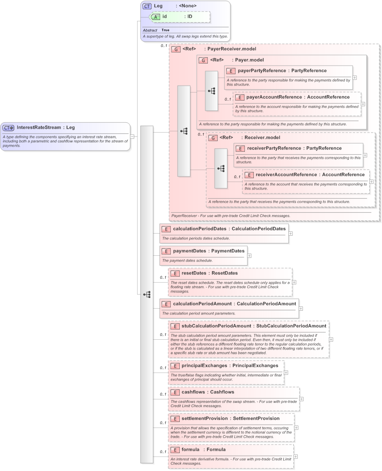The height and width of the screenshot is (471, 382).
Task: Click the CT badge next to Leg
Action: tap(147, 6)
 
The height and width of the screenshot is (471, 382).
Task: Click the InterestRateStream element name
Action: tap(39, 127)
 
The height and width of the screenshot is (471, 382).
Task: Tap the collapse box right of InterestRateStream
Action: tap(132, 136)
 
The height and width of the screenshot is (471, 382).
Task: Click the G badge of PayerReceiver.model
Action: tap(175, 49)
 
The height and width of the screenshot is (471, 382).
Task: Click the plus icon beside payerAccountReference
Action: tap(363, 104)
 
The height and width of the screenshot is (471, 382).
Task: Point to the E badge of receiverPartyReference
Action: tap(240, 148)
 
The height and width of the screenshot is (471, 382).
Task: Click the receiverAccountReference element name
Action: tap(286, 174)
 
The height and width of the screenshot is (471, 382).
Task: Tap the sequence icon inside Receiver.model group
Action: tap(221, 168)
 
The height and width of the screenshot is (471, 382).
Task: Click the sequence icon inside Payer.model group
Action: tap(211, 91)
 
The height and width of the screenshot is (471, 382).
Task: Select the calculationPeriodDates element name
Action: tap(200, 228)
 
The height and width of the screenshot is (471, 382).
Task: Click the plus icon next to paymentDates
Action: tap(249, 256)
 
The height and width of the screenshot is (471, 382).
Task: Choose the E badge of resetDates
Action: tap(174, 273)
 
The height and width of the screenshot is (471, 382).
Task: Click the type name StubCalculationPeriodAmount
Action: tap(291, 326)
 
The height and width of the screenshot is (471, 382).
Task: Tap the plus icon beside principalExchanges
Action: tap(286, 372)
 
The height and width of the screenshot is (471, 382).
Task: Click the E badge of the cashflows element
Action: tap(174, 392)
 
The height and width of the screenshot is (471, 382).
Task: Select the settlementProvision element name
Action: tap(204, 418)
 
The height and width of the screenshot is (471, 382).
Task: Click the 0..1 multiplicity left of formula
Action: tap(163, 452)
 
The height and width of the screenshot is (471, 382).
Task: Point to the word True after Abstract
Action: tap(165, 30)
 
